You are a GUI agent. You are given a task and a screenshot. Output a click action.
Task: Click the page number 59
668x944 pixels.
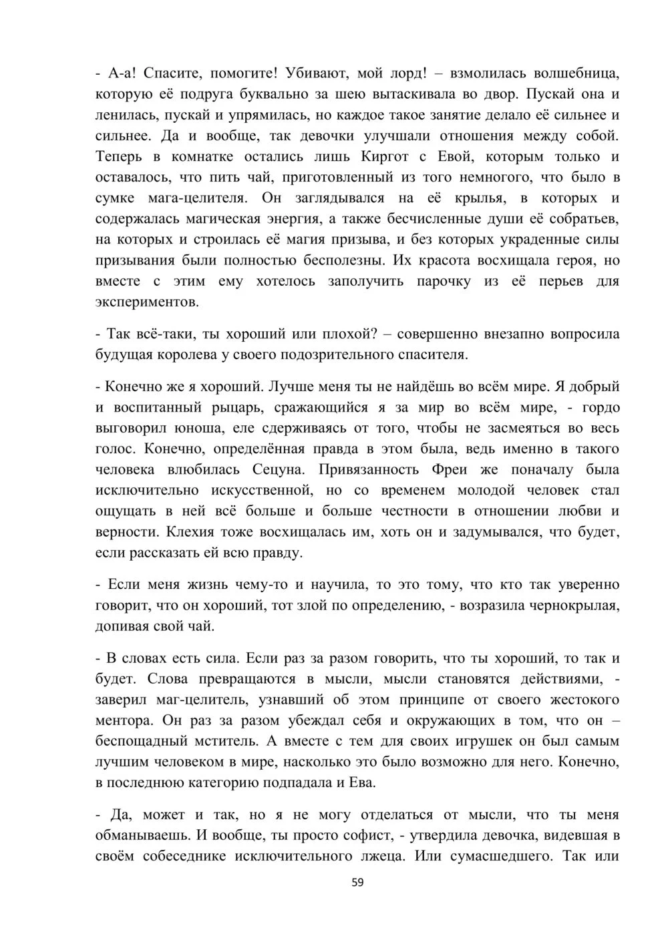(357, 883)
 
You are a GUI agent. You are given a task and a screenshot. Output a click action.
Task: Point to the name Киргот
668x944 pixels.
(386, 157)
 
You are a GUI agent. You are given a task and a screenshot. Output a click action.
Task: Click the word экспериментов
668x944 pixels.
(147, 302)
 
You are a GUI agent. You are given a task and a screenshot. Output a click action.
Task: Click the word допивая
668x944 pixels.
(126, 627)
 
